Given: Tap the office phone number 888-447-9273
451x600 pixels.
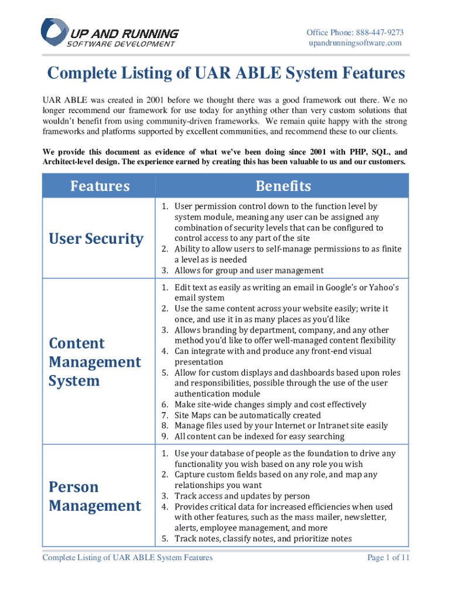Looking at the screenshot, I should point(375,32).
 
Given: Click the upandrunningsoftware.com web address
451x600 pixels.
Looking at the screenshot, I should point(356,43).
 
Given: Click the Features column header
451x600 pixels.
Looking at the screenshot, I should point(100,186).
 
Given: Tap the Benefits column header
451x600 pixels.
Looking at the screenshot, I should point(283,186).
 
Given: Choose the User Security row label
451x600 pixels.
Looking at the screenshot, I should point(96,238).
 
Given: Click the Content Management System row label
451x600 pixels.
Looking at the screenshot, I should point(95,362).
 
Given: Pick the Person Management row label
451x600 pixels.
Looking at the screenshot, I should point(95,496).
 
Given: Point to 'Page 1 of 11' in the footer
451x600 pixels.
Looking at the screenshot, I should point(388,558).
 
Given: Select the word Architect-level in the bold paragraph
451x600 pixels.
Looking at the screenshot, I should point(71,161).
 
